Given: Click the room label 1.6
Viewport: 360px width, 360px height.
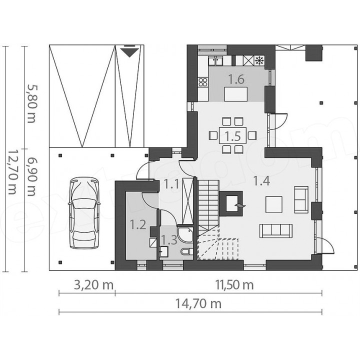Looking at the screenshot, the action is pyautogui.click(x=236, y=79).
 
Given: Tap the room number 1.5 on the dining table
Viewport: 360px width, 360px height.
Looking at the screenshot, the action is pyautogui.click(x=232, y=136).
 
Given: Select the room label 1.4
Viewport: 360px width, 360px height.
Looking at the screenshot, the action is pyautogui.click(x=261, y=181).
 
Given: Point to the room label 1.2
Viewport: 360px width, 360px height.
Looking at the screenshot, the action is pyautogui.click(x=138, y=224).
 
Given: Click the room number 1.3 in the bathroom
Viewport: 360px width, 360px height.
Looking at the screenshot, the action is pyautogui.click(x=169, y=240).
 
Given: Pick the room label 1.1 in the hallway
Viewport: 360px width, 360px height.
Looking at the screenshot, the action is pyautogui.click(x=171, y=184).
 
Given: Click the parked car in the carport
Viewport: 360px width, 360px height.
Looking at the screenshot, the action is pyautogui.click(x=84, y=213).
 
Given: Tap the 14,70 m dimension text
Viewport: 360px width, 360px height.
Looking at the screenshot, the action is pyautogui.click(x=198, y=304).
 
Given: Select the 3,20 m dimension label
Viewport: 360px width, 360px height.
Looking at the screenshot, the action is pyautogui.click(x=94, y=285).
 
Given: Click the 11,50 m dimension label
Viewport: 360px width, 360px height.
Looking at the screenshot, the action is pyautogui.click(x=234, y=285).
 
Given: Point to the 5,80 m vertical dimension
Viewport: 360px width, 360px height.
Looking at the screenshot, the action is pyautogui.click(x=31, y=104).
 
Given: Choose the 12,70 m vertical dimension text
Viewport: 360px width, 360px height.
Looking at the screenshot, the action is pyautogui.click(x=12, y=172).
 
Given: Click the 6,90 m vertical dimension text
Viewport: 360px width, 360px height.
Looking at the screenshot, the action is pyautogui.click(x=31, y=176).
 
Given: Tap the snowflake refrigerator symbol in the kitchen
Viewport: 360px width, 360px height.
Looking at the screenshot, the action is pyautogui.click(x=259, y=60).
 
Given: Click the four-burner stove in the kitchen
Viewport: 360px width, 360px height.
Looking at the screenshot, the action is pyautogui.click(x=203, y=82).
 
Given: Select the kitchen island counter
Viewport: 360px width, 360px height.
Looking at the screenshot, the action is pyautogui.click(x=236, y=94).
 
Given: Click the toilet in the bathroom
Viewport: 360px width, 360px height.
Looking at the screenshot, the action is pyautogui.click(x=187, y=251).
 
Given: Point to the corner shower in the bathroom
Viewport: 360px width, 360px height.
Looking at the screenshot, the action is pyautogui.click(x=185, y=234).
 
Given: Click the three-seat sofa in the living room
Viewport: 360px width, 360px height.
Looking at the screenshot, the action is pyautogui.click(x=276, y=230).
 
